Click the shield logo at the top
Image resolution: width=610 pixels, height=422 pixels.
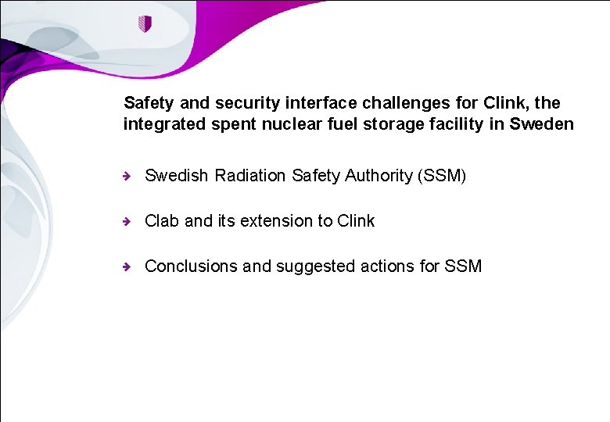(x=144, y=23)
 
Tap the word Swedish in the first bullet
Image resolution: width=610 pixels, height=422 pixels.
(x=178, y=176)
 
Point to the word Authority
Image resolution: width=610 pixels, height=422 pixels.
(x=379, y=176)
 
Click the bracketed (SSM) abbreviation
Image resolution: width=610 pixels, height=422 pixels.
(x=443, y=176)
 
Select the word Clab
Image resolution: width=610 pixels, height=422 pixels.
(x=162, y=221)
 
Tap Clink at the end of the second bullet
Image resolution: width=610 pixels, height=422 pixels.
(x=356, y=221)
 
